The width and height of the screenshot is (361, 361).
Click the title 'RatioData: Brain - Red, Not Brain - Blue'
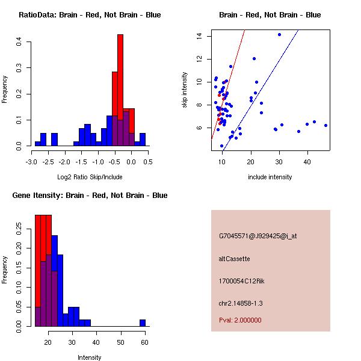(90, 14)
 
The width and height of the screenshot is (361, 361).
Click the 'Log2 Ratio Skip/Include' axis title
(90, 177)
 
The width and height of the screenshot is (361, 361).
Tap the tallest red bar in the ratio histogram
(120, 90)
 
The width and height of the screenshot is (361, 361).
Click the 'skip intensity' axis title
(185, 90)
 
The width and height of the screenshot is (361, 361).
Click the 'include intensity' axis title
(270, 177)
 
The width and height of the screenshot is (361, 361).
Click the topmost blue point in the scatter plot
(279, 34)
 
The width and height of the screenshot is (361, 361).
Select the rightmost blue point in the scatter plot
(326, 125)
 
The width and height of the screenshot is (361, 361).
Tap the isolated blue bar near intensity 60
(143, 322)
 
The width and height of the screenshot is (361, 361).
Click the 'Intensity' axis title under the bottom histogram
(90, 357)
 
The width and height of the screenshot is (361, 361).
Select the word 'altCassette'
(234, 259)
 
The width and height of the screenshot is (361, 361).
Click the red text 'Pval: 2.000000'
(240, 320)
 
